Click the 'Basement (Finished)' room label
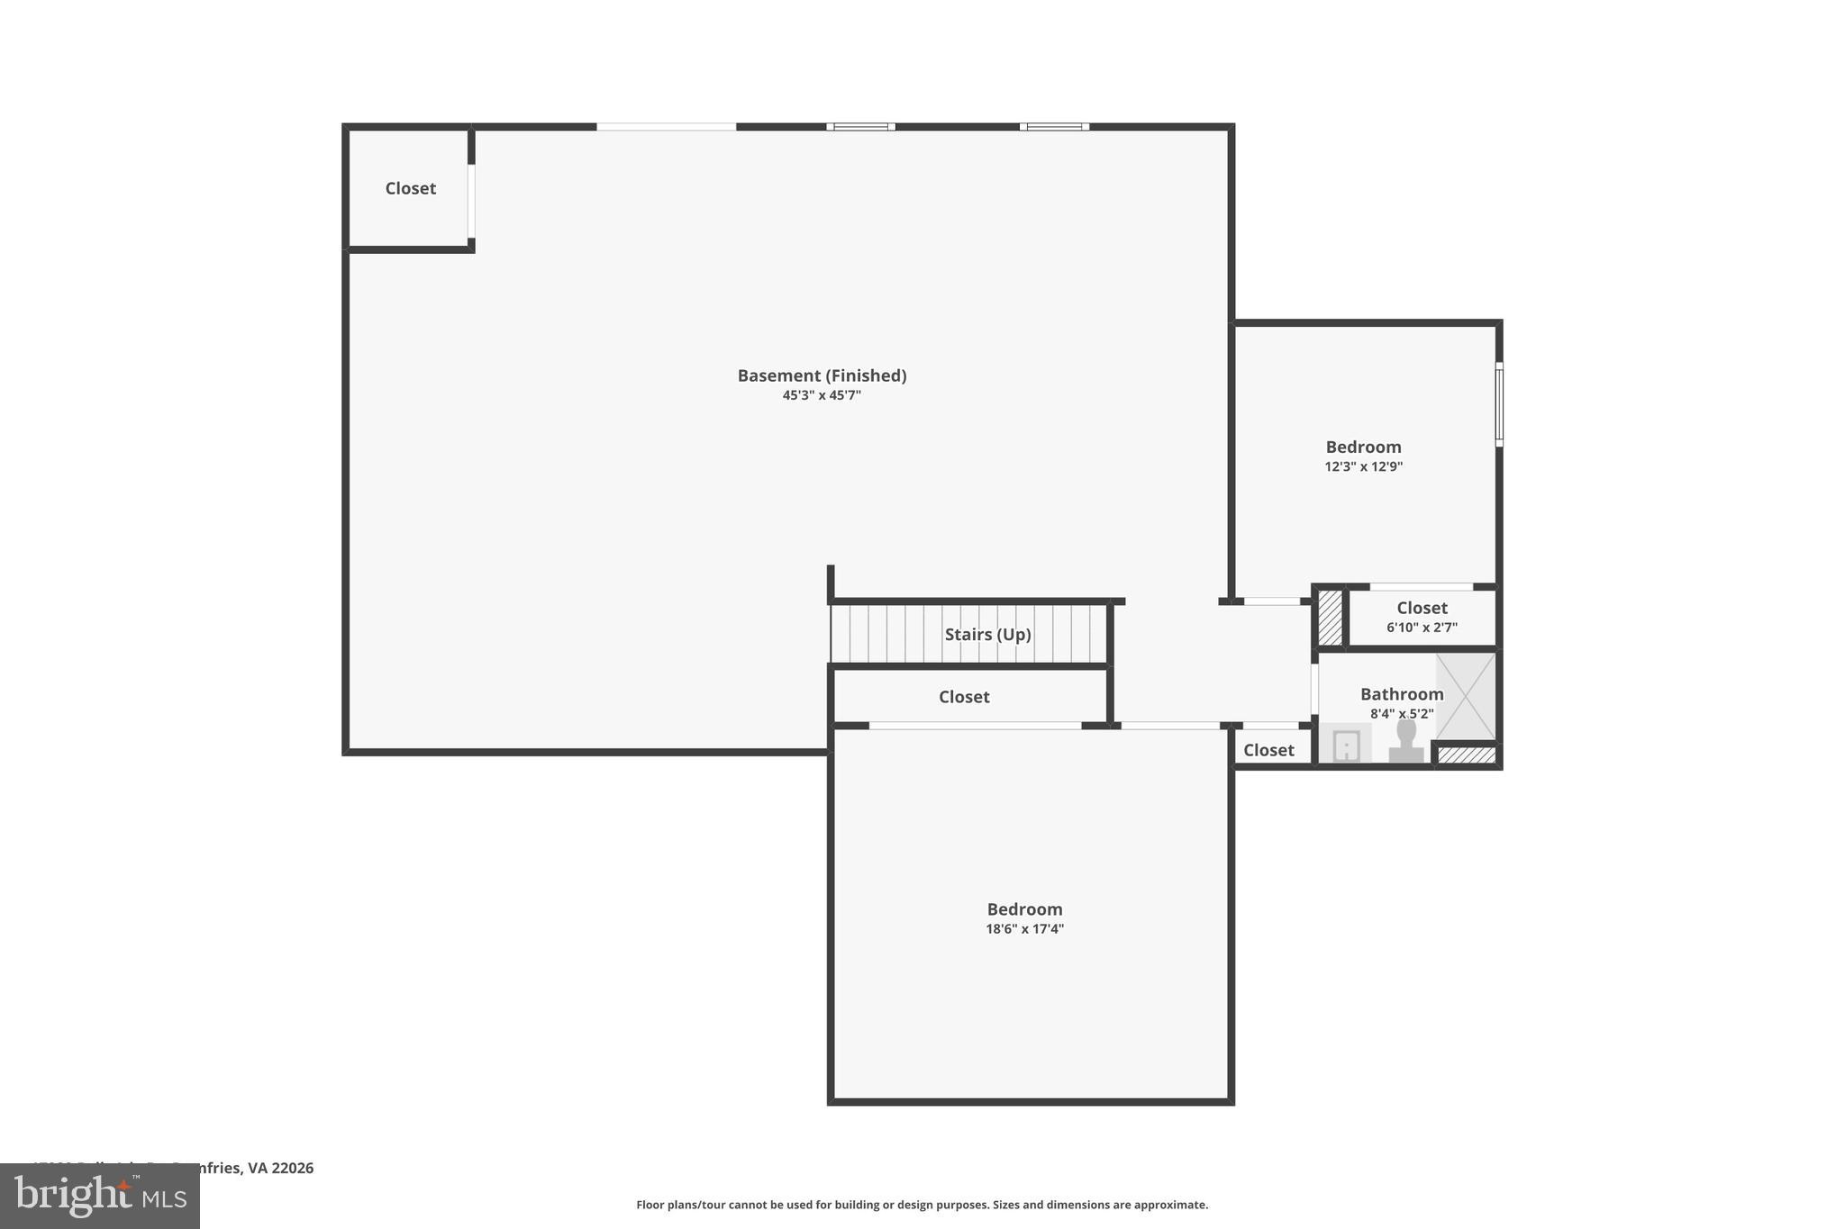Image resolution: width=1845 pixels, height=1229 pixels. [822, 375]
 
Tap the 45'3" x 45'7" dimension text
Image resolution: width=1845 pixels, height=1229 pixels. [822, 395]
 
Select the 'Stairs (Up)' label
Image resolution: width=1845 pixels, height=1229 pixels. [987, 634]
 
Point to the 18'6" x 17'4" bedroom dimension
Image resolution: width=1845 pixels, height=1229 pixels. [1024, 929]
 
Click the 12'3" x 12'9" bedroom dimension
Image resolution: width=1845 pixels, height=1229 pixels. [1363, 466]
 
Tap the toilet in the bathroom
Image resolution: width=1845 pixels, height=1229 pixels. [1405, 742]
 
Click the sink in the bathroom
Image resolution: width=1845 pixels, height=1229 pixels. [1345, 746]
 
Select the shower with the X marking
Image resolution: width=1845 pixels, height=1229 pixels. [1466, 696]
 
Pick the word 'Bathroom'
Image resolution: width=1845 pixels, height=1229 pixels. [1401, 694]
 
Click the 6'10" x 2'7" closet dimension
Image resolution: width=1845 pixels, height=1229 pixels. [1422, 628]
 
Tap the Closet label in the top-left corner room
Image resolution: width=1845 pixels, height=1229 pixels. [410, 188]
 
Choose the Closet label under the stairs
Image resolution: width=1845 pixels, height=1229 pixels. [964, 697]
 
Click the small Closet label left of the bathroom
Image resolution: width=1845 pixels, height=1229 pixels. [1268, 750]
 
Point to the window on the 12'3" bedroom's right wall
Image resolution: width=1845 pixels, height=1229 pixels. [1499, 404]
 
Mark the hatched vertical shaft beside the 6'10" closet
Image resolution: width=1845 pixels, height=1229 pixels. [1330, 617]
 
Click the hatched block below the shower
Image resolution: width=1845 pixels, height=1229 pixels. [1466, 755]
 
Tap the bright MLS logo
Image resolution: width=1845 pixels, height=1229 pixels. [99, 1196]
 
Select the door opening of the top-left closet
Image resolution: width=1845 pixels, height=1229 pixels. [471, 203]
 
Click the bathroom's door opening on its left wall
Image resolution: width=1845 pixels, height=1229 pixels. [1315, 689]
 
